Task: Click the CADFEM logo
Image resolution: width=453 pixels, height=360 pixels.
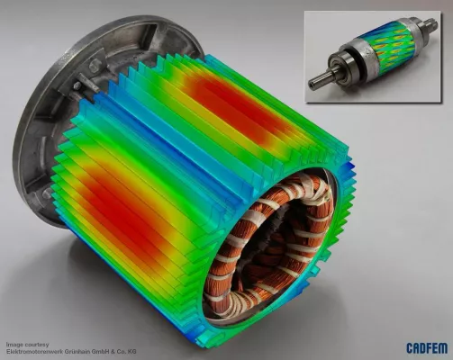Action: (427, 348)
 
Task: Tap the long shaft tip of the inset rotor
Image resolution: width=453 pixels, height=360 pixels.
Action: (318, 81)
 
